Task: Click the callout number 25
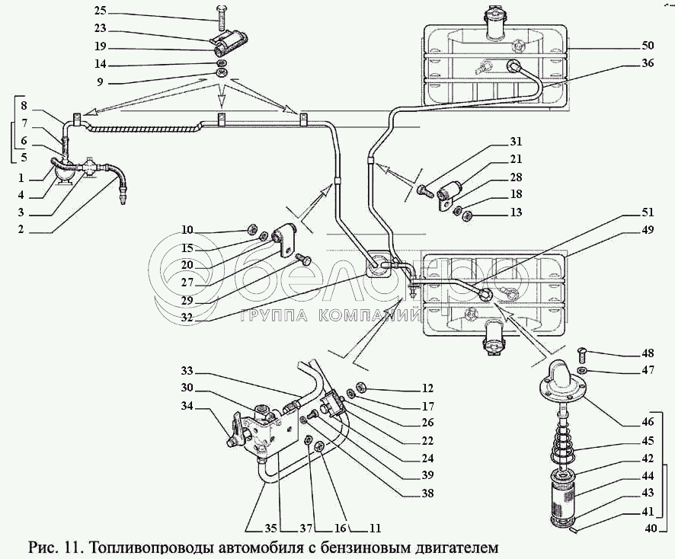pyautogui.click(x=101, y=10)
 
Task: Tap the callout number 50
pyautogui.click(x=648, y=45)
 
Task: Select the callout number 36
pyautogui.click(x=648, y=62)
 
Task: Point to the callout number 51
pyautogui.click(x=648, y=212)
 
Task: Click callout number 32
pyautogui.click(x=187, y=318)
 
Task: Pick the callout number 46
pyautogui.click(x=648, y=422)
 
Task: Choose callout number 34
pyautogui.click(x=187, y=405)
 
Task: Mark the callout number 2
pyautogui.click(x=21, y=229)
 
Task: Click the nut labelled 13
pyautogui.click(x=468, y=216)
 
